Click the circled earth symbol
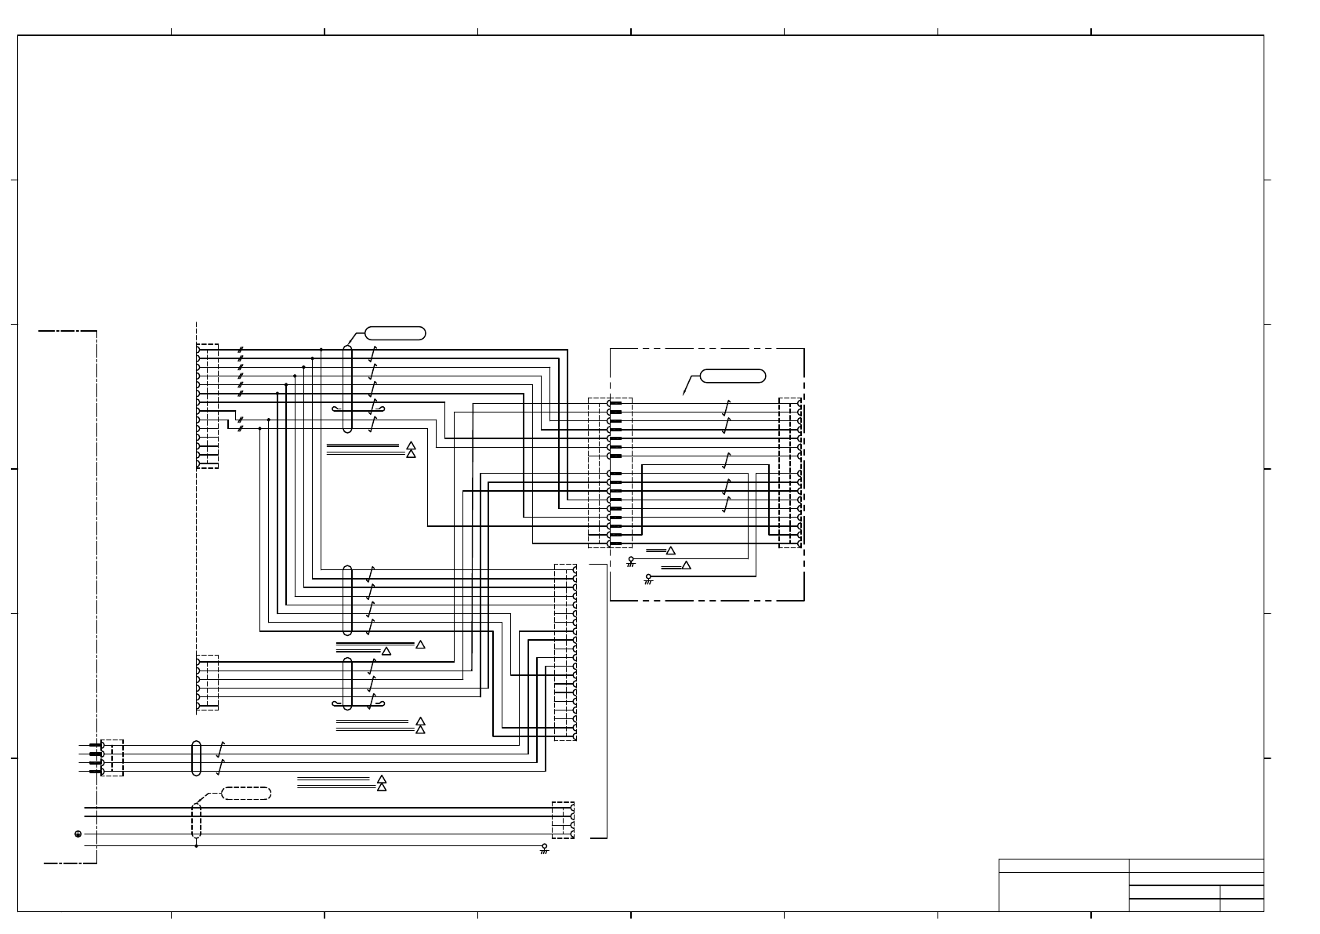(x=78, y=834)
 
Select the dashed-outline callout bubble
(x=246, y=794)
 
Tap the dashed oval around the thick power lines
(x=196, y=820)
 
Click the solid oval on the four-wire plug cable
(x=196, y=758)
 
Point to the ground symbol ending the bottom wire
(x=544, y=849)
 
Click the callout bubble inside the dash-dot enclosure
(x=733, y=376)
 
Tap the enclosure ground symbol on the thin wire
(x=631, y=561)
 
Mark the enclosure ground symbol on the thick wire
(x=648, y=580)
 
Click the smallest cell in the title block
(x=1242, y=905)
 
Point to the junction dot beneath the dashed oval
(x=196, y=846)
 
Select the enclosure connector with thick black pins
(x=611, y=473)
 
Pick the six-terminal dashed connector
(x=207, y=682)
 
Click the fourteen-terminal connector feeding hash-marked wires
(x=207, y=406)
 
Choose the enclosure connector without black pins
(x=790, y=473)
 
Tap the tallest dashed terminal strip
(x=565, y=652)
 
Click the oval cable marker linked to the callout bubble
(x=348, y=389)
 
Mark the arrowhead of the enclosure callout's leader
(x=684, y=394)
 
